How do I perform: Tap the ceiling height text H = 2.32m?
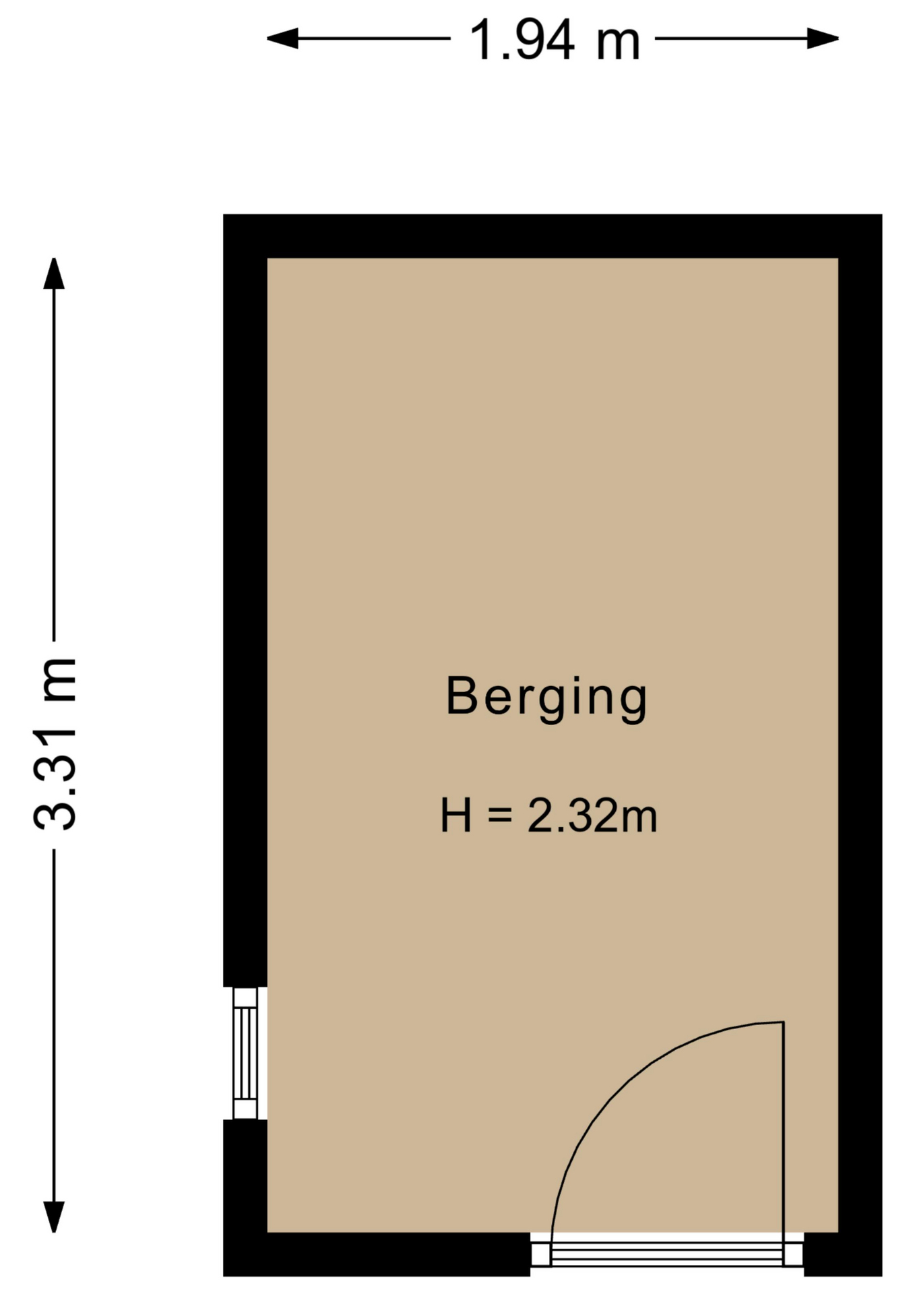pos(548,815)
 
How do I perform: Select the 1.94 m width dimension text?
pos(554,40)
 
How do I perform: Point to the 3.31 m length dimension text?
pos(55,743)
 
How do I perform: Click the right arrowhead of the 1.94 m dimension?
pos(823,38)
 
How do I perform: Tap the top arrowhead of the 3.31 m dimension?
pos(54,274)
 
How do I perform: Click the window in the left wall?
pos(245,1053)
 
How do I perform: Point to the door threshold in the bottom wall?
pos(667,1254)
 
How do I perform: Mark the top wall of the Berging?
pos(553,236)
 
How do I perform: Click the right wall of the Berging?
pos(860,745)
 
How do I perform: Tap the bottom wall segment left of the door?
pos(377,1254)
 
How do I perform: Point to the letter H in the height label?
pos(455,815)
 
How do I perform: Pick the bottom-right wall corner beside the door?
pos(843,1254)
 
